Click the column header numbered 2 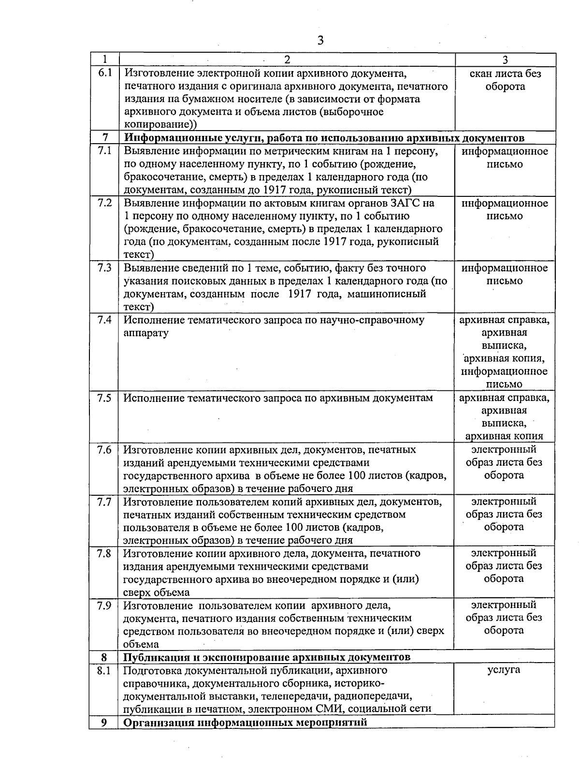(287, 60)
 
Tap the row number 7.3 (104, 268)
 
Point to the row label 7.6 (104, 450)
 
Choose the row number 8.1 (104, 671)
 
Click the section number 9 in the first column (104, 723)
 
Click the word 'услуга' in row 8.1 (504, 670)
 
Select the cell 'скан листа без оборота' (505, 80)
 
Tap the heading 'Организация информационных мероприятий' (246, 723)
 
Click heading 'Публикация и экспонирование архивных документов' (267, 657)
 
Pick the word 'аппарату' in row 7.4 (146, 333)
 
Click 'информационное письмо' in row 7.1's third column (505, 158)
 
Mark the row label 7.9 (104, 606)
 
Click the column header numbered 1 (104, 60)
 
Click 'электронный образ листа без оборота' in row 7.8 (504, 566)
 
